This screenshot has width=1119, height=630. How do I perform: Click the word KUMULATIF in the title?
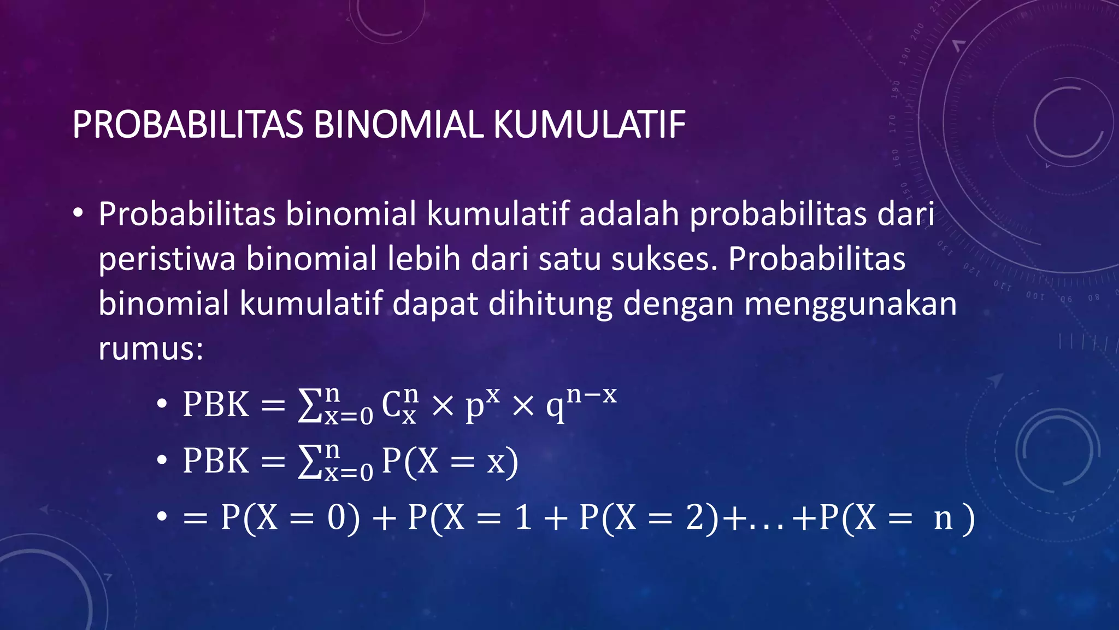click(589, 125)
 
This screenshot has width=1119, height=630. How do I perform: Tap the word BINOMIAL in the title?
click(398, 125)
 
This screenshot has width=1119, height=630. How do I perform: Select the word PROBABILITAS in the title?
click(187, 125)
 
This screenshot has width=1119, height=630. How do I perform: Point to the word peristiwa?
click(167, 259)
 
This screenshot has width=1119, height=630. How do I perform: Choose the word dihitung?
click(550, 304)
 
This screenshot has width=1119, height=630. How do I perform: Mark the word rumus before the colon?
click(146, 348)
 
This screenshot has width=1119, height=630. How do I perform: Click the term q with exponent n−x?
click(581, 402)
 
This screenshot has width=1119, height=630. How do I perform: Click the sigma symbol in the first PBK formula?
click(309, 406)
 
